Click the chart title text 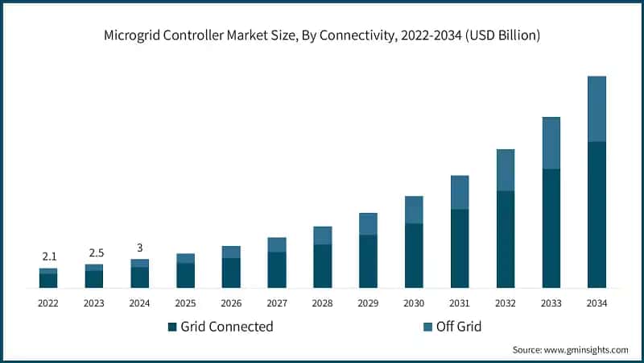[x=322, y=35]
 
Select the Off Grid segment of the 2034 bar [x=597, y=109]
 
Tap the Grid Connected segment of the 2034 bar [x=597, y=215]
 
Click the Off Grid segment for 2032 [x=505, y=170]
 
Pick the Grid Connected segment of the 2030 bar [x=414, y=256]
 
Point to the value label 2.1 [x=48, y=257]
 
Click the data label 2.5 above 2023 [x=94, y=252]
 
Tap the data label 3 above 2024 [x=140, y=248]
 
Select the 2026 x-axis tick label [x=231, y=303]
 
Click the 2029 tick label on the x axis [x=368, y=303]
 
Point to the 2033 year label [x=551, y=303]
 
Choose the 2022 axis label [x=48, y=303]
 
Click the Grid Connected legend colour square [x=171, y=327]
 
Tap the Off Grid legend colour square [x=427, y=327]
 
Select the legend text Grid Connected [x=227, y=327]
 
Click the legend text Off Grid [x=459, y=327]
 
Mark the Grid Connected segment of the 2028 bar [x=323, y=266]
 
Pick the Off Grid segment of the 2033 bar [x=551, y=143]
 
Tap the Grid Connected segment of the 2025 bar [x=186, y=276]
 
